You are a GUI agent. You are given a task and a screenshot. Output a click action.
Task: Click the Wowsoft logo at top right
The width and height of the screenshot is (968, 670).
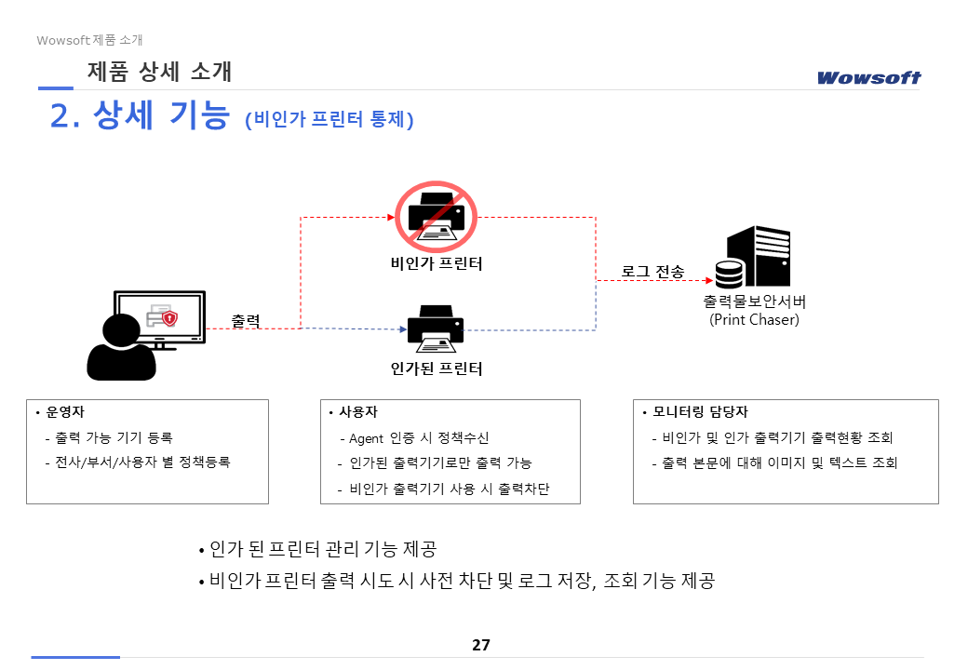coord(868,77)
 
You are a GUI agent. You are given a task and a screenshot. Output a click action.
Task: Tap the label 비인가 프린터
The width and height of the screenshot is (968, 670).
coord(437,263)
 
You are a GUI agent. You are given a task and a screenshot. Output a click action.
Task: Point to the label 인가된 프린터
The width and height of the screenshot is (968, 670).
coord(437,369)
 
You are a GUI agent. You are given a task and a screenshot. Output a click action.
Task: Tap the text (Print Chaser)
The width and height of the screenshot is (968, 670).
coord(754,320)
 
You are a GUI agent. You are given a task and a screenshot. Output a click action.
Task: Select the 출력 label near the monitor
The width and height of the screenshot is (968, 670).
coord(246,321)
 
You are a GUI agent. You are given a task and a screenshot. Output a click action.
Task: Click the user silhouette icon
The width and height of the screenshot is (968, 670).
coord(121,347)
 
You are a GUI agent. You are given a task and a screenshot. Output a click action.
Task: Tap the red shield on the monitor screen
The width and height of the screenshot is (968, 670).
coord(169,318)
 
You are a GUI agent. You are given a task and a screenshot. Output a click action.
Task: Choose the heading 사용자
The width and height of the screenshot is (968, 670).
coord(358,412)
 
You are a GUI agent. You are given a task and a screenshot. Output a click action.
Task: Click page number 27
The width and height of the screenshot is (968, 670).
coord(481,645)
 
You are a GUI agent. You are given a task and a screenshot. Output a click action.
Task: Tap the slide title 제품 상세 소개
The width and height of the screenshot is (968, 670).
coord(159,71)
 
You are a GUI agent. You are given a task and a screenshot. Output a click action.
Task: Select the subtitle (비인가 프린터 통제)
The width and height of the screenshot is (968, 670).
coord(329,120)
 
